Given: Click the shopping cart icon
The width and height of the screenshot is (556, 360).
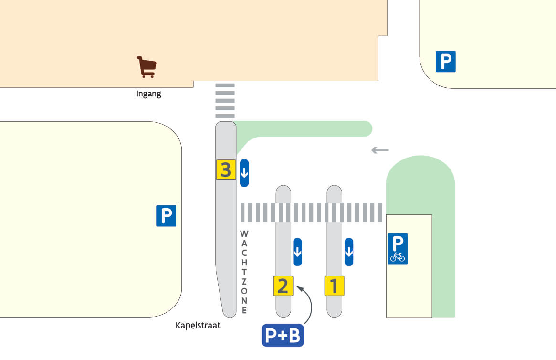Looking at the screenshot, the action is [147, 67].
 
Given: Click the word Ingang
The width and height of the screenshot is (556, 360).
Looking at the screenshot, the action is [149, 94].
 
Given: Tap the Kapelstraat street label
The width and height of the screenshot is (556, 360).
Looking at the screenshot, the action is [198, 326].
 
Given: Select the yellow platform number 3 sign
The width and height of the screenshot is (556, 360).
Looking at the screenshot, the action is [226, 169].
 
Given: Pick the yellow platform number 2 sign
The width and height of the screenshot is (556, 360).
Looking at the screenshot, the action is [283, 286].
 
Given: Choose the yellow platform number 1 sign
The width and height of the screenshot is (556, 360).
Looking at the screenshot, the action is [334, 286].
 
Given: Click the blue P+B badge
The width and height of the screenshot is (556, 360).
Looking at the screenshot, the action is [283, 336].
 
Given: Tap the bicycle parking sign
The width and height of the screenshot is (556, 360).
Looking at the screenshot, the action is [397, 249].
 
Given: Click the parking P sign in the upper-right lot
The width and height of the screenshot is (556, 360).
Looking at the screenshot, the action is [445, 62].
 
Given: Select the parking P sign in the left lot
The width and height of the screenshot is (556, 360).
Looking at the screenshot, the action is [166, 216].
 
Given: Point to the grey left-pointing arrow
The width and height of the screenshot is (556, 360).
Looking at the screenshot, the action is [380, 150].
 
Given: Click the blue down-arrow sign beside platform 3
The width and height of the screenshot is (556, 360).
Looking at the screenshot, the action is [244, 172].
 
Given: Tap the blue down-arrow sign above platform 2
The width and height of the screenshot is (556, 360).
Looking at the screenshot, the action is [297, 252].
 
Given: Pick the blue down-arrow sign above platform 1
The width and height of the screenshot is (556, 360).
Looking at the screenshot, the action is [349, 252].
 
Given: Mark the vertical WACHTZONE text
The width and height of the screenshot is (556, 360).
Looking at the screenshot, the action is [244, 272].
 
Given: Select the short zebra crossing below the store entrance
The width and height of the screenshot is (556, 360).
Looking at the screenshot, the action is [225, 101].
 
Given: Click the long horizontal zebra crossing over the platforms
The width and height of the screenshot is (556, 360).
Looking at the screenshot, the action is [311, 213].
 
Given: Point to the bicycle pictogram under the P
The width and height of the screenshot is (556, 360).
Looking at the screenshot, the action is [397, 257].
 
